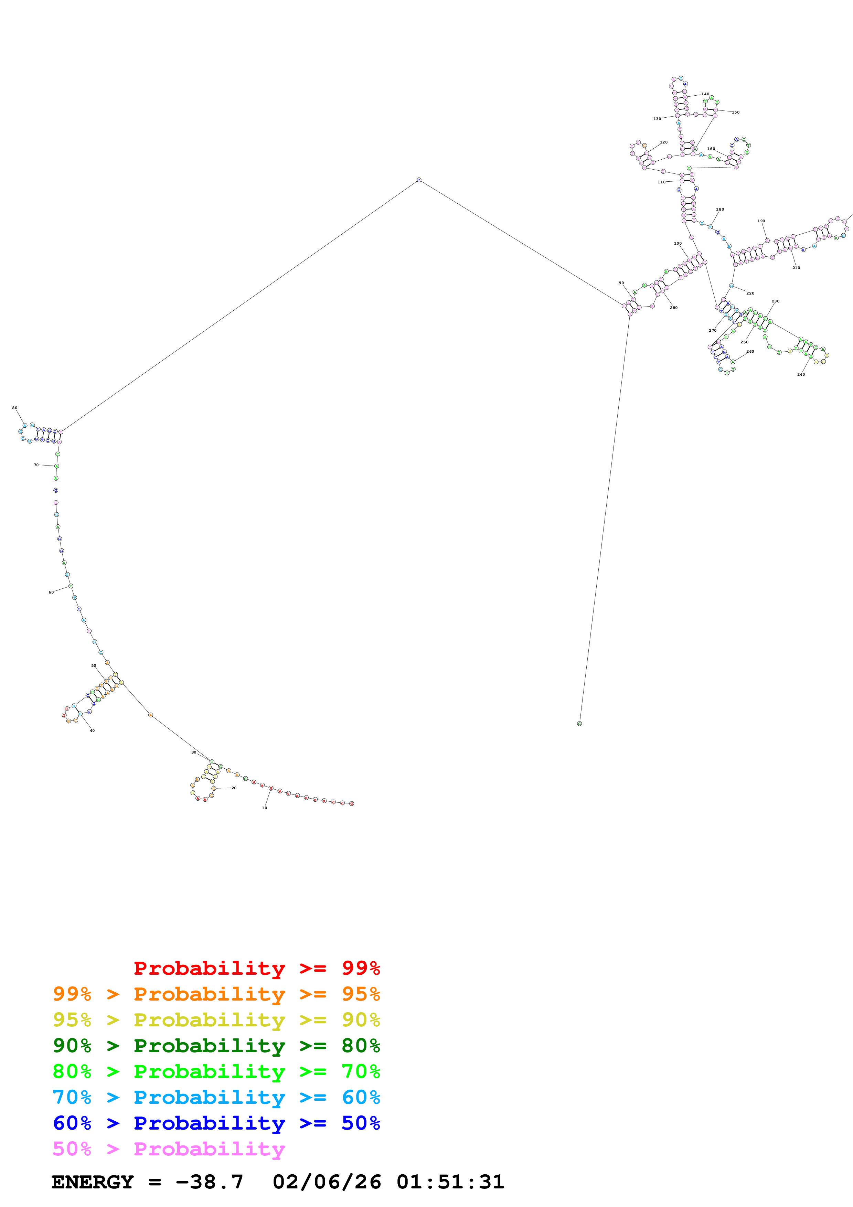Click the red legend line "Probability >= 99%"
click(x=256, y=968)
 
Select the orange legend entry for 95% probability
click(x=216, y=994)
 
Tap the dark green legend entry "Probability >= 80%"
click(x=216, y=1046)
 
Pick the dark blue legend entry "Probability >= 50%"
click(x=216, y=1123)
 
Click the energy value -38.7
click(x=209, y=1182)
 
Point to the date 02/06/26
click(x=327, y=1182)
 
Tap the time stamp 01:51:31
click(x=450, y=1182)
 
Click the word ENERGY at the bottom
click(x=93, y=1182)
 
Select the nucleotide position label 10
click(x=264, y=808)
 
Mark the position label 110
click(x=661, y=182)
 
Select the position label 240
click(x=800, y=375)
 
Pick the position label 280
click(x=673, y=308)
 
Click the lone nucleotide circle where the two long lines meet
click(x=419, y=180)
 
